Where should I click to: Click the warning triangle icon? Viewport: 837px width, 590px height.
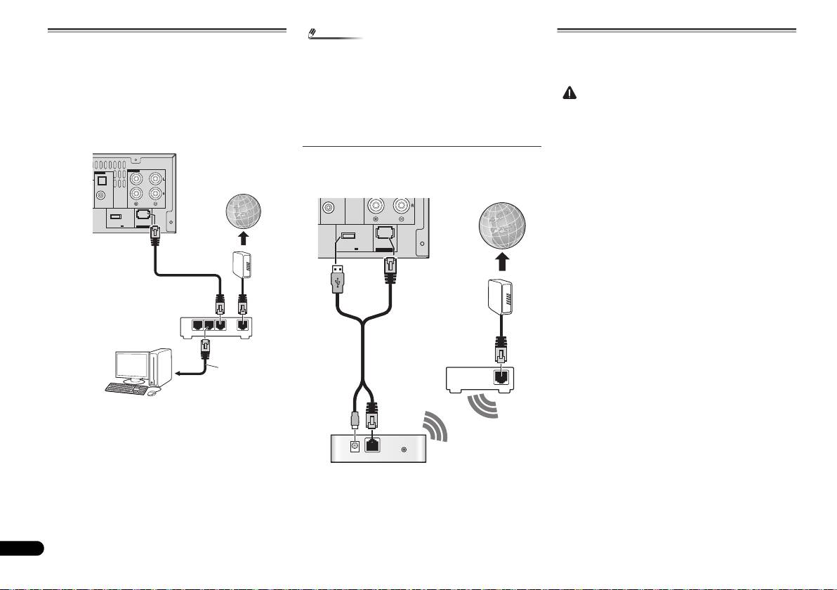[x=569, y=93]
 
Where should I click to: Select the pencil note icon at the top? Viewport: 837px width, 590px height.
[x=314, y=33]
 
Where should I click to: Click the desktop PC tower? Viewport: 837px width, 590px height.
[x=159, y=367]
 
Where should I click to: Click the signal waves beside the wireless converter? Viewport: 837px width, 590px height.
[x=434, y=428]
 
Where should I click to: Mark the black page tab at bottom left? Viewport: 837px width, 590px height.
[x=22, y=548]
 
